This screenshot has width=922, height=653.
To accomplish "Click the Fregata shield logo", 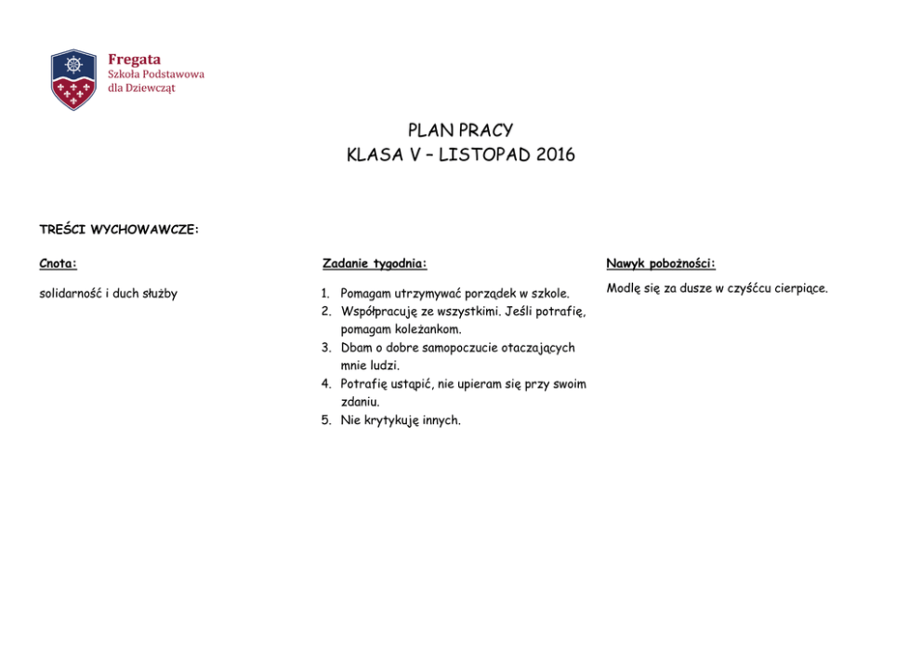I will coord(73,79).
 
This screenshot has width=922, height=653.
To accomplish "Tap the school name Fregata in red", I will coord(134,60).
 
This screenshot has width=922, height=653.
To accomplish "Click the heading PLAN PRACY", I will coord(460,130).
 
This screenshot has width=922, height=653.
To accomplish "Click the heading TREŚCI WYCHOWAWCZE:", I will coord(119,229).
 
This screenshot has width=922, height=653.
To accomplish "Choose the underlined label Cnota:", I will coord(58,263).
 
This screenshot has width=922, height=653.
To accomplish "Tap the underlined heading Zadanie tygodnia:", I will coord(375,263).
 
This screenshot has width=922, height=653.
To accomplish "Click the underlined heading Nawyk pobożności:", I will coord(661,264).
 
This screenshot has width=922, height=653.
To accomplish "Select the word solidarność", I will coord(70,294).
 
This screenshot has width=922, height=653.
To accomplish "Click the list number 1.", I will coord(325,294).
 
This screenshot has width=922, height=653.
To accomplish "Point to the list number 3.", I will coord(326,348).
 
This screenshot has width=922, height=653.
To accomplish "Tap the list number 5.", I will coord(326,420).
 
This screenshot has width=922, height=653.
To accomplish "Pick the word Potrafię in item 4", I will coord(365,384).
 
